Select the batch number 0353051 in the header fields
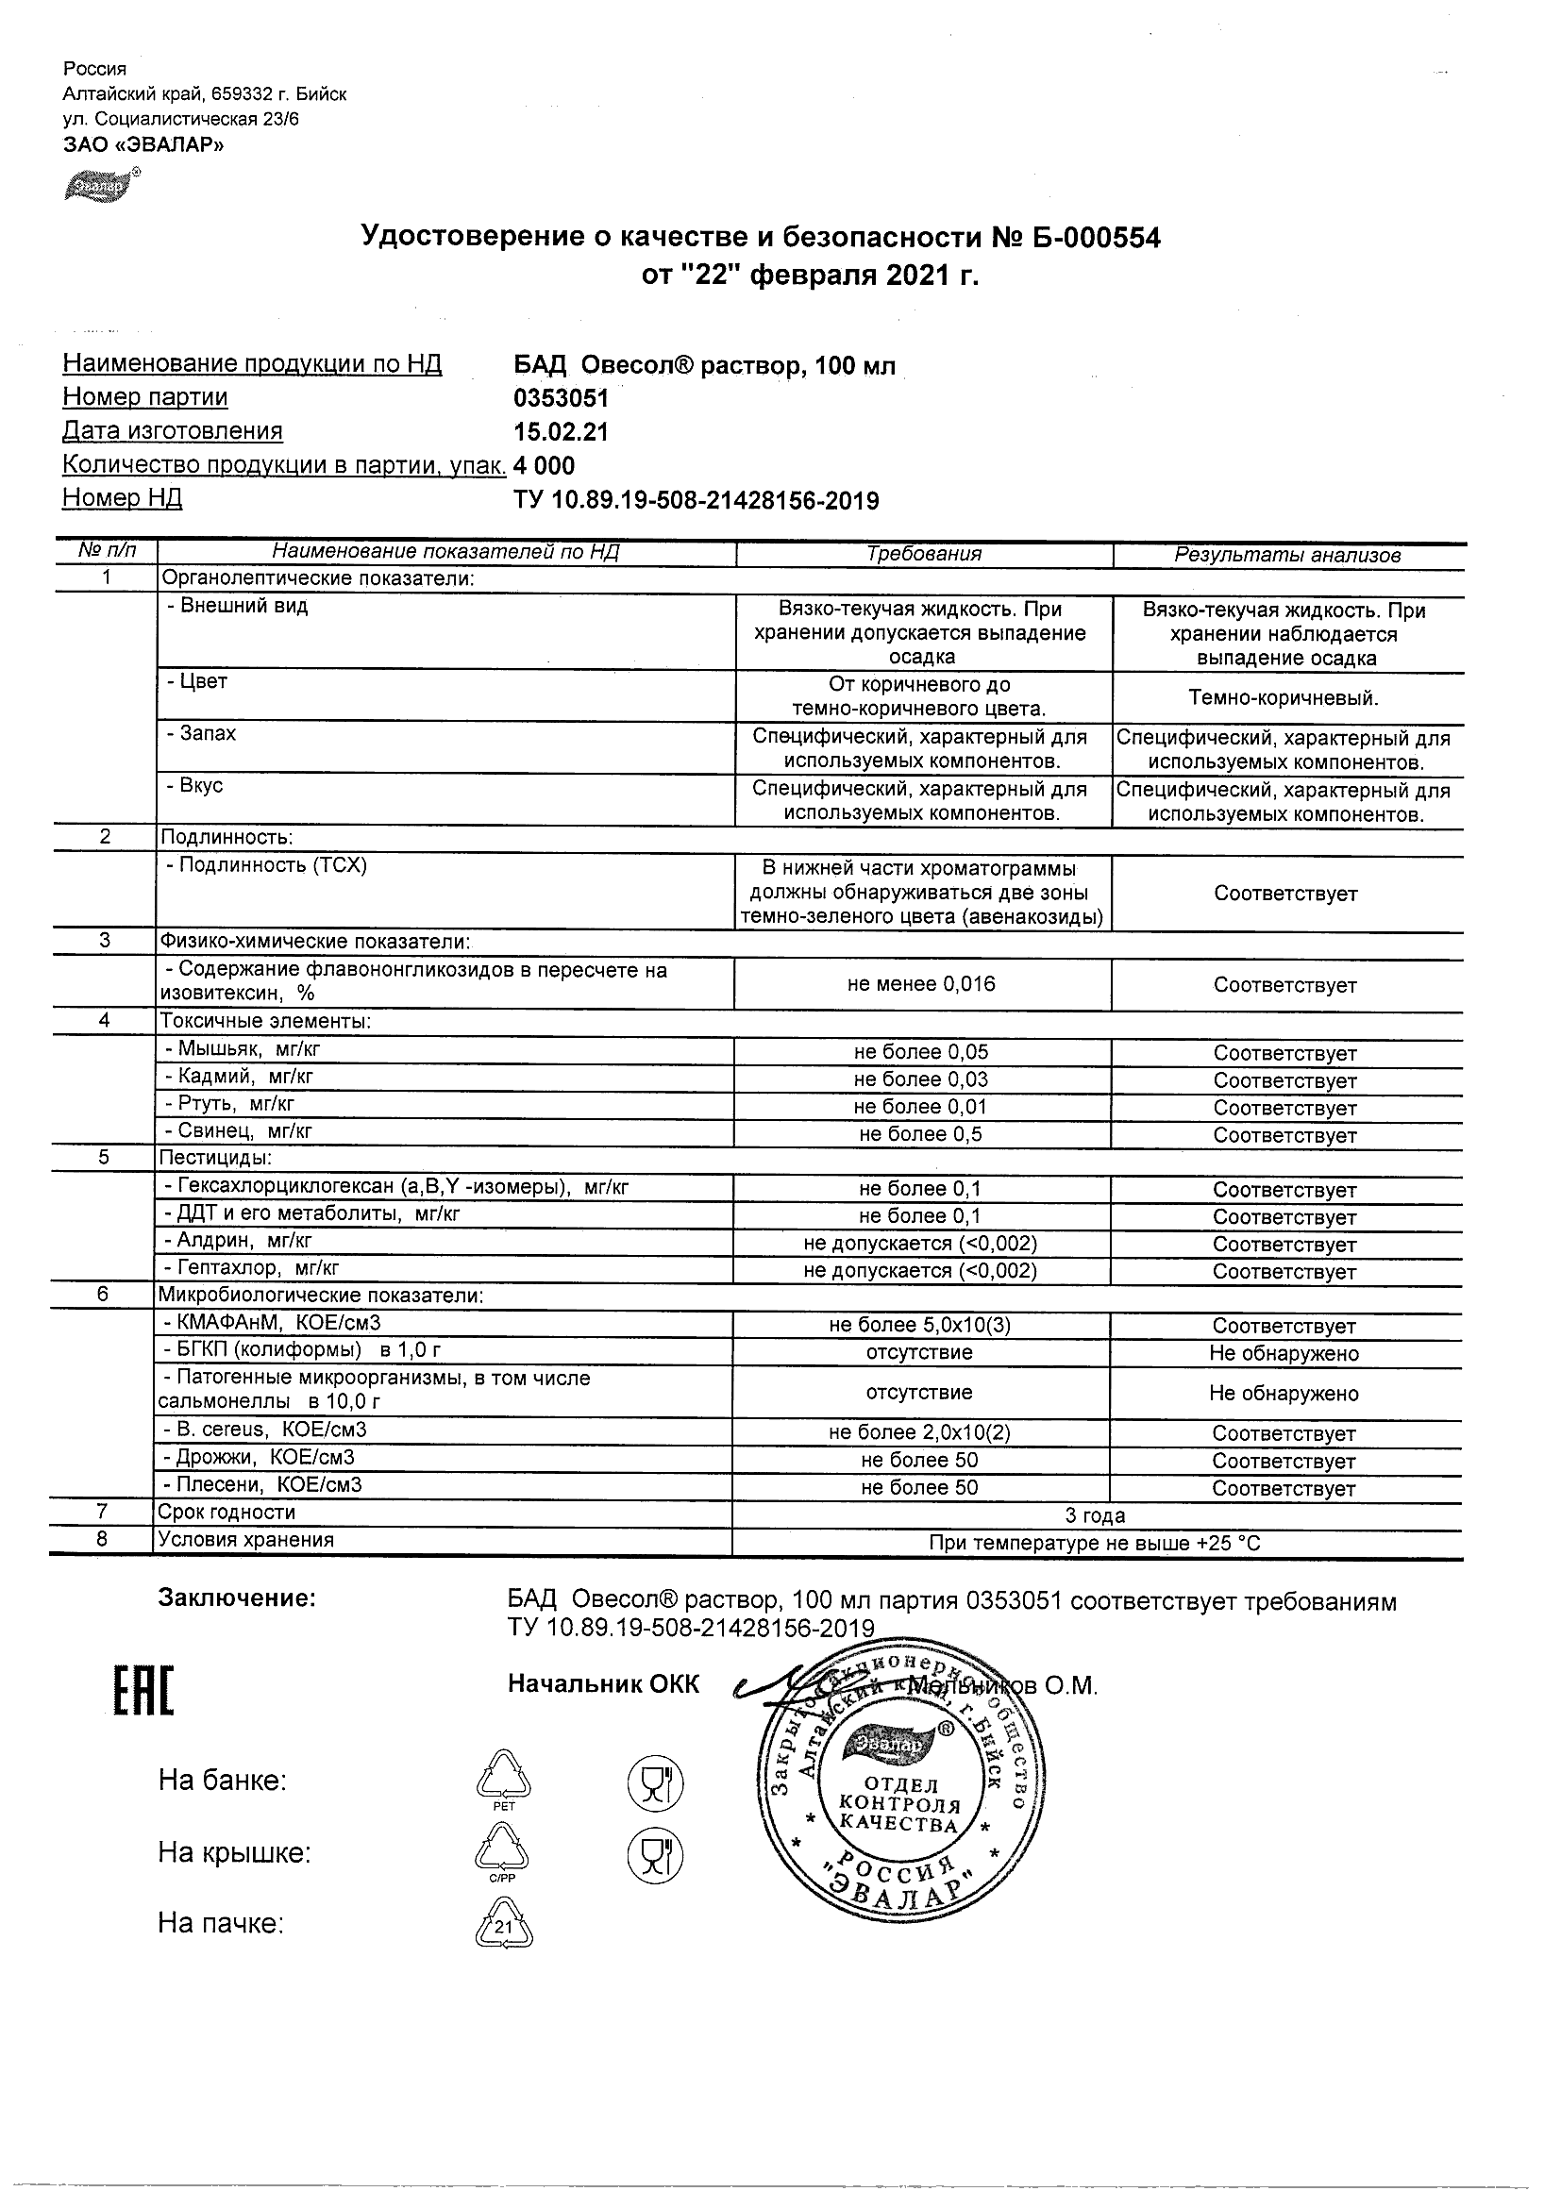pos(562,398)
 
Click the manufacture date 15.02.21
pos(561,432)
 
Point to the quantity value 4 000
pos(545,466)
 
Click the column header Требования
pos(923,554)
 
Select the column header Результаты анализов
pos(1287,555)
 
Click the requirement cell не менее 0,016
pos(921,984)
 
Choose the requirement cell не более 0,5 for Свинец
pos(920,1134)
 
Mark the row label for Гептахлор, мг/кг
pos(251,1267)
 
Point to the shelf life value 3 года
pos(1095,1516)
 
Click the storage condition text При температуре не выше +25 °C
pos(1095,1544)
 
